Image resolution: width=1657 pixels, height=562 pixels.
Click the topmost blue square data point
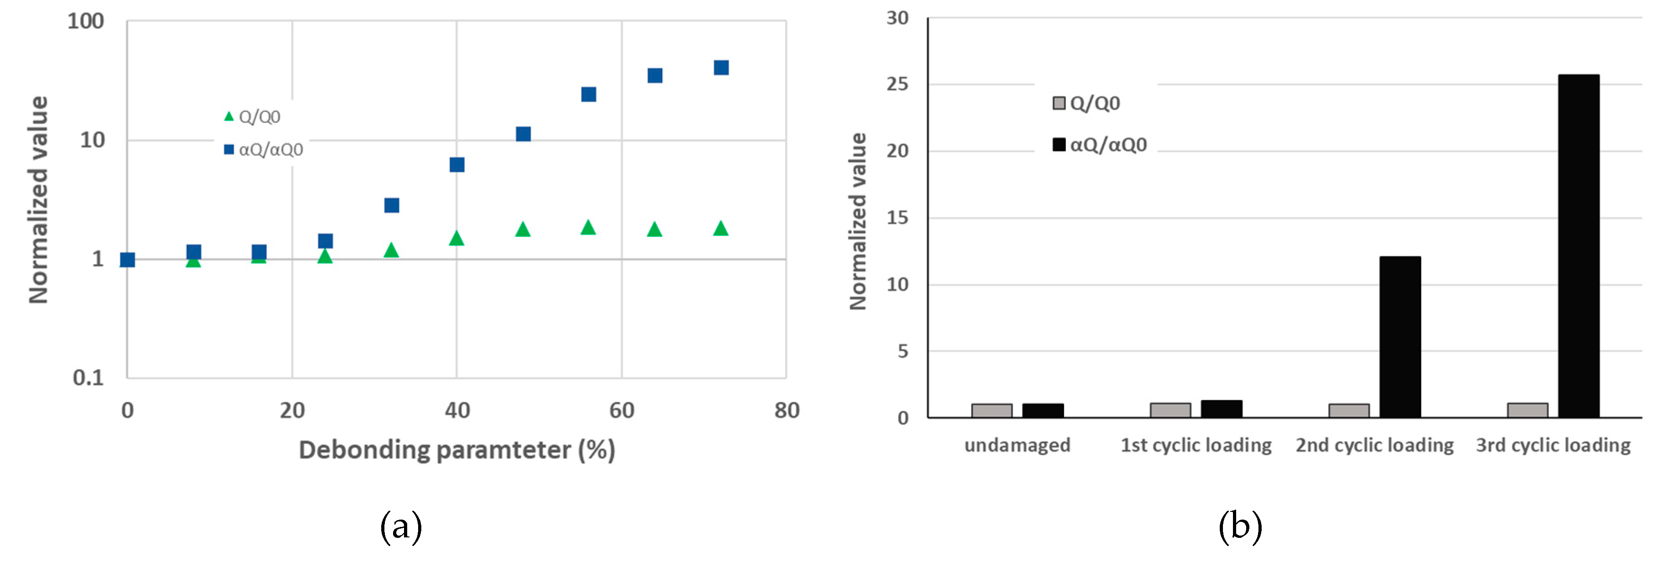(721, 67)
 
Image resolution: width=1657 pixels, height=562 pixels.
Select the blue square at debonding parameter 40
(457, 165)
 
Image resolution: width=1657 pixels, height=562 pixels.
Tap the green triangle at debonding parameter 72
(721, 228)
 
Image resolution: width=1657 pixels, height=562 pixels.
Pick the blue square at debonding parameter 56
(588, 95)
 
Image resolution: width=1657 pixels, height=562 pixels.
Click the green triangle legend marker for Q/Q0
(228, 117)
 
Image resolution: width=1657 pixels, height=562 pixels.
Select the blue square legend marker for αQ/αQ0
(228, 150)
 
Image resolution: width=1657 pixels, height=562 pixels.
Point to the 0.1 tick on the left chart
(88, 378)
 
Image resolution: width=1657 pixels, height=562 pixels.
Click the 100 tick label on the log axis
(86, 21)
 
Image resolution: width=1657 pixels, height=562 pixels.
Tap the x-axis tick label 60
(621, 410)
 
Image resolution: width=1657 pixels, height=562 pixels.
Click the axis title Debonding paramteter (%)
(457, 450)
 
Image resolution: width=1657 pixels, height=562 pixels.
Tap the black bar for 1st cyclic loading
(1221, 409)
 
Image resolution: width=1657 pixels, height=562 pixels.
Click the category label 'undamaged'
(1017, 445)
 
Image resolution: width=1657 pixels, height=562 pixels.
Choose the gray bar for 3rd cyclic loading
(1527, 410)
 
